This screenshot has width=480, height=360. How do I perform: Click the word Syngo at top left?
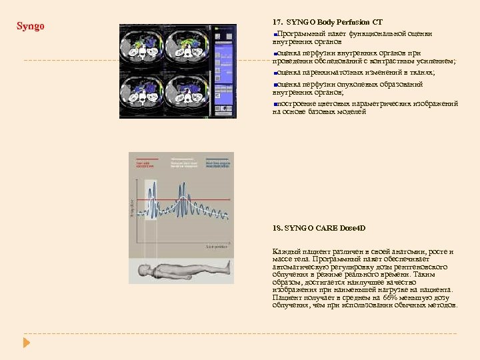click(x=30, y=27)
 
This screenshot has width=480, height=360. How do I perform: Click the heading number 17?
click(x=277, y=22)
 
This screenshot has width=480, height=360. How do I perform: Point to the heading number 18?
click(x=277, y=228)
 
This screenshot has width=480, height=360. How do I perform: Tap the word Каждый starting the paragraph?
click(x=287, y=251)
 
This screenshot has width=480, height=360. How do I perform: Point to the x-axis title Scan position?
click(x=217, y=247)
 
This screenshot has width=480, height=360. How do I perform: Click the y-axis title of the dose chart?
click(x=132, y=207)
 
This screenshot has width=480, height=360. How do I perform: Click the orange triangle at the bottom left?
click(x=27, y=342)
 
